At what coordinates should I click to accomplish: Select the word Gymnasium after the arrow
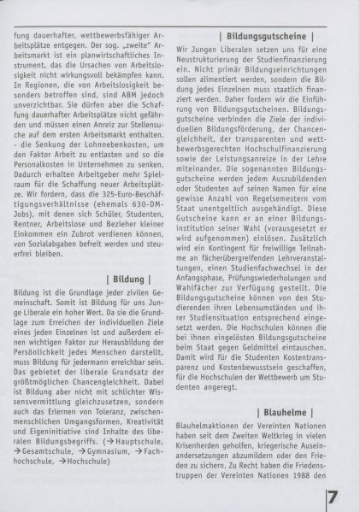click(x=107, y=446)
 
